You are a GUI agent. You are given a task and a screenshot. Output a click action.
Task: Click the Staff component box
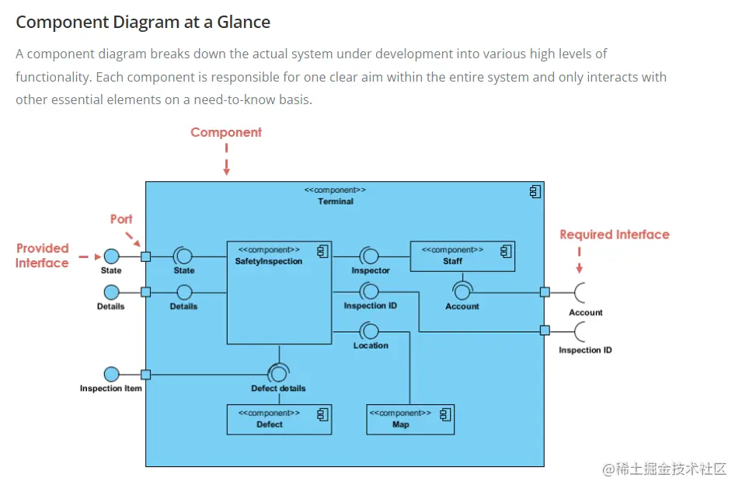(462, 256)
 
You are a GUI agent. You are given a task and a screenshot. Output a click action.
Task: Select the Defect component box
(279, 419)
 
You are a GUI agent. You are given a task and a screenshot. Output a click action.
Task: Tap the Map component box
(410, 419)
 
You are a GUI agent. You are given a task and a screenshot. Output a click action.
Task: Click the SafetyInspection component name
(269, 261)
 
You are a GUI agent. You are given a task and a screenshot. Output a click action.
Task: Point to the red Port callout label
(121, 219)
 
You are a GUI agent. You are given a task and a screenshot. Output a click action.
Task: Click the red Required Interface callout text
(614, 235)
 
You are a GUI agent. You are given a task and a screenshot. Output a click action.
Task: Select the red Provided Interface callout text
(43, 256)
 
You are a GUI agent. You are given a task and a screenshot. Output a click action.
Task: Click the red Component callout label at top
(226, 132)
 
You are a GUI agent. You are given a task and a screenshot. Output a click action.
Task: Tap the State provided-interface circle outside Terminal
(111, 256)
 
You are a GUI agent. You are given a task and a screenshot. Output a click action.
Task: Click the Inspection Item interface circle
(111, 375)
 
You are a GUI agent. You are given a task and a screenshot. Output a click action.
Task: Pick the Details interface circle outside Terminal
(111, 292)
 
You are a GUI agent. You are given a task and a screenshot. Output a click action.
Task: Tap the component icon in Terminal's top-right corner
(534, 191)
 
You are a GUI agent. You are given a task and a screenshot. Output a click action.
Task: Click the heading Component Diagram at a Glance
(143, 22)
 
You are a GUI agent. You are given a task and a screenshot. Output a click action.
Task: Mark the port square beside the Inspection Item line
(145, 375)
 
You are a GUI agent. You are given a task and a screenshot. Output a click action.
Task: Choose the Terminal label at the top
(335, 201)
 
